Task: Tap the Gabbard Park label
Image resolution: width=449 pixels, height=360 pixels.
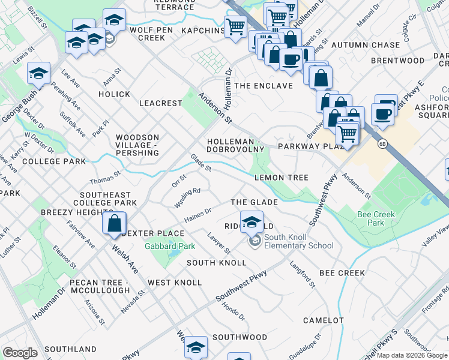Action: (x=161, y=246)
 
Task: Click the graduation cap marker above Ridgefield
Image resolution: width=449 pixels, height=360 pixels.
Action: (x=252, y=220)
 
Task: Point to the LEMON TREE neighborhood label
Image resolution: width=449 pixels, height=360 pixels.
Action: (x=281, y=178)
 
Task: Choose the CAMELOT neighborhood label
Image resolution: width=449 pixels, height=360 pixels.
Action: (x=323, y=321)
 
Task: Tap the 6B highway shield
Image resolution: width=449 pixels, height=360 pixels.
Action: (x=382, y=144)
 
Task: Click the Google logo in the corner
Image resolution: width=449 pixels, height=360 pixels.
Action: (x=20, y=353)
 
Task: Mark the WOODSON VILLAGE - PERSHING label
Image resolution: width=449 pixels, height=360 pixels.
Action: (x=137, y=145)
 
